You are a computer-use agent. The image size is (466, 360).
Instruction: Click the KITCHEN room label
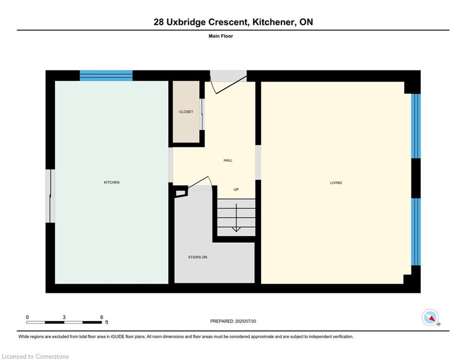pyautogui.click(x=111, y=182)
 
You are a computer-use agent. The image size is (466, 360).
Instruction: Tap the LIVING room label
pyautogui.click(x=336, y=183)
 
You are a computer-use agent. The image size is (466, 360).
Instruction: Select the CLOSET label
pyautogui.click(x=186, y=112)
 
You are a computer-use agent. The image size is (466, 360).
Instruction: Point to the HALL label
pyautogui.click(x=228, y=160)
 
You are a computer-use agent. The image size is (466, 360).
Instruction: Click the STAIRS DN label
pyautogui.click(x=198, y=257)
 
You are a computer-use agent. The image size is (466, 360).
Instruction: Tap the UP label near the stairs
pyautogui.click(x=236, y=189)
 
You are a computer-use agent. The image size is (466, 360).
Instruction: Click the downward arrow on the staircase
pyautogui.click(x=236, y=217)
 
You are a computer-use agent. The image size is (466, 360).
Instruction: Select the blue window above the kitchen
pyautogui.click(x=106, y=75)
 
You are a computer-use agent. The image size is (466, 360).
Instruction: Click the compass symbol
pyautogui.click(x=430, y=317)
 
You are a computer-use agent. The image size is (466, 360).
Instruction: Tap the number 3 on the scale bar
pyautogui.click(x=64, y=317)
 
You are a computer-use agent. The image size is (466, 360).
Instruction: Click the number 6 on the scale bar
pyautogui.click(x=102, y=317)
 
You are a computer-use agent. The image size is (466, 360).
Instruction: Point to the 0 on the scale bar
pyautogui.click(x=27, y=317)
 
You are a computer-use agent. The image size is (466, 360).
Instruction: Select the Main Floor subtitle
pyautogui.click(x=221, y=36)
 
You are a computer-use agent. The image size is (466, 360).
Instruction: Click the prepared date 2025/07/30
pyautogui.click(x=245, y=321)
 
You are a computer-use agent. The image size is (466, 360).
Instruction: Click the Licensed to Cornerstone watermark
pyautogui.click(x=35, y=356)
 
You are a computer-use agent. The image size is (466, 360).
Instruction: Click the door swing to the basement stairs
pyautogui.click(x=200, y=182)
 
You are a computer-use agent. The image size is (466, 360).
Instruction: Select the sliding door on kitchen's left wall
pyautogui.click(x=50, y=196)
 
